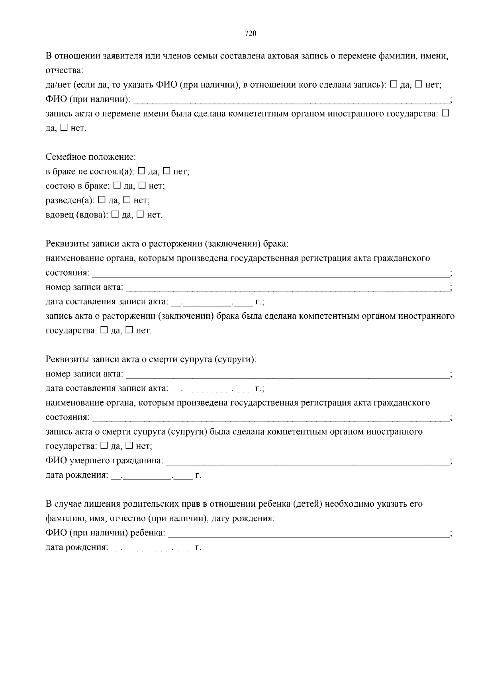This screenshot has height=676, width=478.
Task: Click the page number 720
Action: [x=250, y=33]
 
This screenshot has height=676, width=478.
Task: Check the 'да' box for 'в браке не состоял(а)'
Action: [x=141, y=171]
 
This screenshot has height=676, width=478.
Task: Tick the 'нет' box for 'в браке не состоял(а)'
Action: [x=167, y=171]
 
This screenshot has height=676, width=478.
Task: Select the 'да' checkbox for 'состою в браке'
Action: [x=117, y=185]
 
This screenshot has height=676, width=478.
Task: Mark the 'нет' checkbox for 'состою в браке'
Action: [x=142, y=185]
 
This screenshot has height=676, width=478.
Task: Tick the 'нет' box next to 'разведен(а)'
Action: [x=127, y=200]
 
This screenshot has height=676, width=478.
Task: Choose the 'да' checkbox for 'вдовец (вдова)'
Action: [x=115, y=214]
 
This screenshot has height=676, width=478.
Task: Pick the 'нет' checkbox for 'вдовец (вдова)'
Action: [x=140, y=214]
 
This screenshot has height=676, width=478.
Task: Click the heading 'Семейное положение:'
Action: [x=91, y=157]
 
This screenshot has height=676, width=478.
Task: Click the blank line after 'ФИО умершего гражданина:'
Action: [x=307, y=462]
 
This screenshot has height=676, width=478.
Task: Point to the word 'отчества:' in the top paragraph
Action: [x=64, y=71]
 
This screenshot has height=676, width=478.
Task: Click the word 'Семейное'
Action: [x=65, y=157]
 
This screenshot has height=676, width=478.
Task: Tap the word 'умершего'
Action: [x=88, y=461]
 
